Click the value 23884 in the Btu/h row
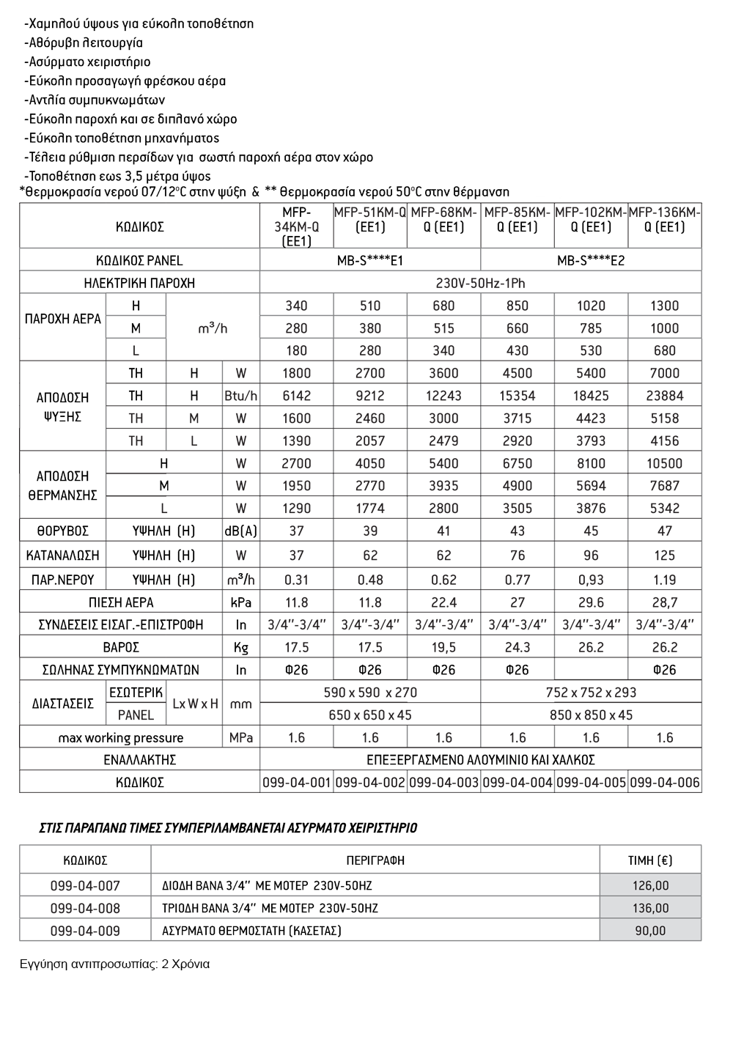coord(664,396)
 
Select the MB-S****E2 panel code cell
coord(591,260)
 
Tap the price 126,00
coord(650,885)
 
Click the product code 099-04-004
coord(517,783)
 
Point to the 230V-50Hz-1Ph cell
coord(480,283)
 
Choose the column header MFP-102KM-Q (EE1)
coord(591,220)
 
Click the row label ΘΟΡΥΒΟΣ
coord(62,531)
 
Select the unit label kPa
coord(240,602)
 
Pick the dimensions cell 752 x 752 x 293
coord(591,693)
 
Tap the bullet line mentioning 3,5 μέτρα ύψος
coord(117,176)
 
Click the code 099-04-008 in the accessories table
coord(85,908)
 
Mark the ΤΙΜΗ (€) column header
coord(650,860)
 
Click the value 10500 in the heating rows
coord(664,463)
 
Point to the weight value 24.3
coord(517,647)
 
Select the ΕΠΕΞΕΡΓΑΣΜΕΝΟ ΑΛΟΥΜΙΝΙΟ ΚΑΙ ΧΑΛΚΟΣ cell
coord(480,760)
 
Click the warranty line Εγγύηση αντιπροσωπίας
coord(114,964)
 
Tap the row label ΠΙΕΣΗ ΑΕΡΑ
coord(120,602)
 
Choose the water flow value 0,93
coord(591,580)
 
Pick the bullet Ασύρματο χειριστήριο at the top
coord(87,62)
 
